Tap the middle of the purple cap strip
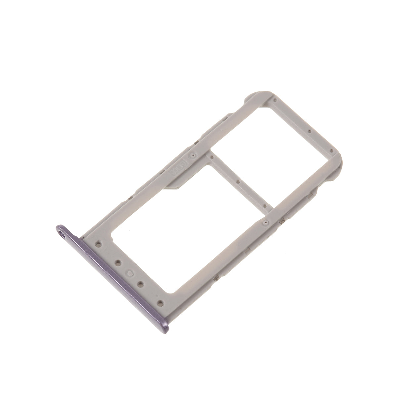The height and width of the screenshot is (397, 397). click(112, 276)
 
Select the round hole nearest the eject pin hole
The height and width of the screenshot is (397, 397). click(98, 245)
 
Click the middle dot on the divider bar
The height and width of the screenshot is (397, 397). click(238, 181)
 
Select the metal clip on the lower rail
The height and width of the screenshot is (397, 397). click(282, 220)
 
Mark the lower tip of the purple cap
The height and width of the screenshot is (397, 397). click(169, 326)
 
